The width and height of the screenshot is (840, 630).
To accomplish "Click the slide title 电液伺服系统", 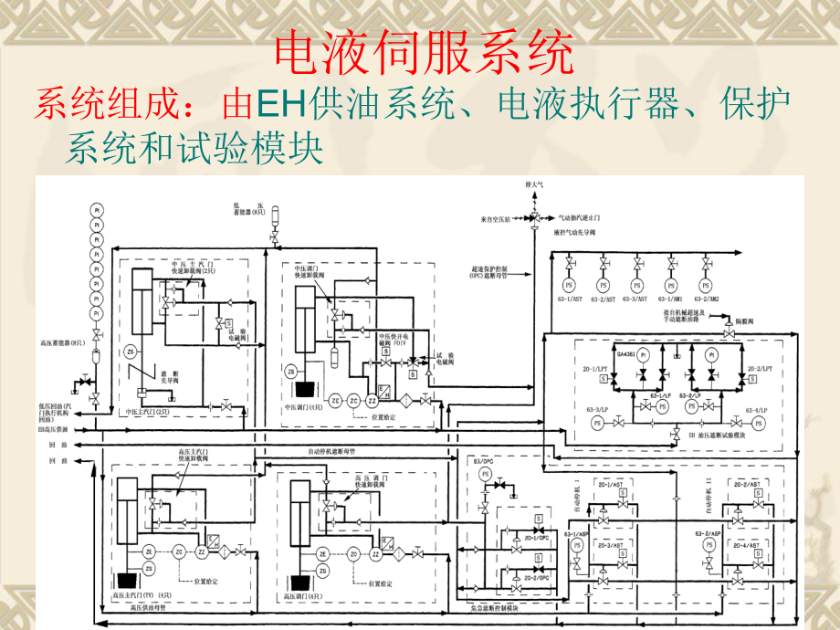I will tap(425, 54).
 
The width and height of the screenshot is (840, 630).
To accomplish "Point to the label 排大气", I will tap(534, 185).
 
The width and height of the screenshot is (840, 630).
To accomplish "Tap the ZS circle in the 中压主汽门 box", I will tap(129, 351).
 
